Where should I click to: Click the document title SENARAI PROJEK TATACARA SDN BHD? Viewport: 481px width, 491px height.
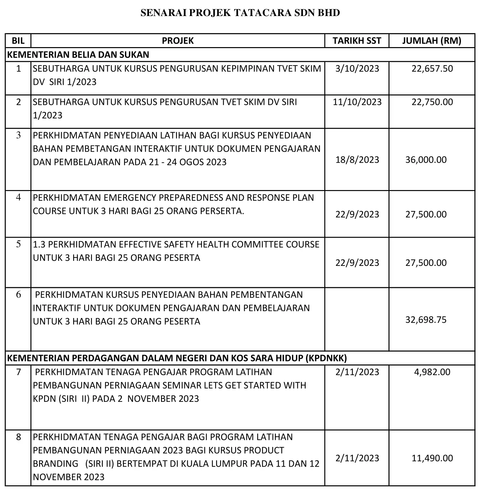tap(240, 13)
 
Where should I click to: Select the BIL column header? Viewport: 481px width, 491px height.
tap(18, 41)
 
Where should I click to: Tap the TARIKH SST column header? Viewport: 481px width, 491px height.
tap(357, 41)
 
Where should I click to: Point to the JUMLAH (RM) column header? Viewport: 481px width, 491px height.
tap(432, 41)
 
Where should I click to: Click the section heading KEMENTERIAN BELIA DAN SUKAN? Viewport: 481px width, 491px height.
tap(78, 54)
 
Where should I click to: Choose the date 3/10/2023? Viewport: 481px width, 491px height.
tap(357, 68)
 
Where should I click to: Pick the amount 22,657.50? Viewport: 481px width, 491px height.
tap(432, 68)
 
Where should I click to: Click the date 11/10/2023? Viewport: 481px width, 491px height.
tap(357, 102)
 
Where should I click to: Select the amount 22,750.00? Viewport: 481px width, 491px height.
tap(432, 102)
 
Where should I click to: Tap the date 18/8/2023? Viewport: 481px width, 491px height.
tap(357, 160)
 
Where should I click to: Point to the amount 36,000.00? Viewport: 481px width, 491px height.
tap(426, 160)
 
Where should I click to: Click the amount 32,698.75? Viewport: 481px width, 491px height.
tap(426, 320)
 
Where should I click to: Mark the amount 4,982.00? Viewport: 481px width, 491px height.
tap(432, 372)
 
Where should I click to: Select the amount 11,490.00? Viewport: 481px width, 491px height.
tap(432, 458)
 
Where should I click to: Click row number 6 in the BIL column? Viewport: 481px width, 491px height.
tap(18, 295)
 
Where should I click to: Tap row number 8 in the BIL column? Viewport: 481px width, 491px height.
tap(18, 437)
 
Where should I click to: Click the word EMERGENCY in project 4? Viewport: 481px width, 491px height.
tap(130, 198)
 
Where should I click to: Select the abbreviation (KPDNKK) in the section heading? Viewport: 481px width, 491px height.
tap(326, 358)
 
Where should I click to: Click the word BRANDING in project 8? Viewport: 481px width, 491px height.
tap(56, 464)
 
